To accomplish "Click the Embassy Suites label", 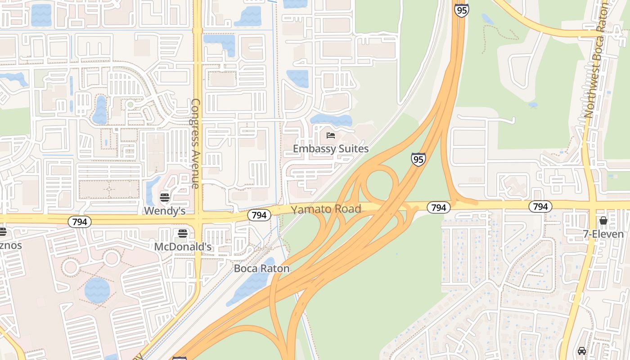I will [x=331, y=149].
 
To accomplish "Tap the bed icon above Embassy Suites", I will [x=331, y=135].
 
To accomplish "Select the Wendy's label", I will [x=165, y=211].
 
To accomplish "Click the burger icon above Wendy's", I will [x=165, y=197].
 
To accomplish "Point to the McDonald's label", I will [x=183, y=247].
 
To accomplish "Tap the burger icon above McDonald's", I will [x=183, y=233].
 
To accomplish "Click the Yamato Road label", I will [x=326, y=209].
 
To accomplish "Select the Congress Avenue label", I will [x=196, y=144].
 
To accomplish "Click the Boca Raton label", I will [x=261, y=269].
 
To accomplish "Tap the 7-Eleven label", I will [x=603, y=234].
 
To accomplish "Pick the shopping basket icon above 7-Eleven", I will [x=603, y=220].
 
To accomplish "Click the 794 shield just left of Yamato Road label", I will [x=259, y=215].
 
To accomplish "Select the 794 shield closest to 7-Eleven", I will [x=540, y=207].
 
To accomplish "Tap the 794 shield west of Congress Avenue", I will [x=80, y=221].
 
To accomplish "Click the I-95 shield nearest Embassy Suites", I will [x=418, y=159].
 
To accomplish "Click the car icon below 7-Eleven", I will [x=582, y=351].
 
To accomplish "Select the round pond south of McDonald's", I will [x=97, y=290].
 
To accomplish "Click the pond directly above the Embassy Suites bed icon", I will [x=331, y=120].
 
